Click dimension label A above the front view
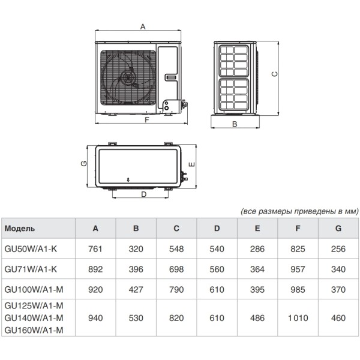[x=142, y=26]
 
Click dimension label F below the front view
[x=146, y=120]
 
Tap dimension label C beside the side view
[x=274, y=74]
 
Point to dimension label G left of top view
[x=84, y=164]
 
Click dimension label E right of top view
[x=191, y=164]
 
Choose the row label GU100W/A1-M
[x=34, y=290]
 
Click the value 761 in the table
[x=95, y=248]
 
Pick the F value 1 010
[x=298, y=319]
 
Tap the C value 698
[x=176, y=269]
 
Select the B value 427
[x=136, y=290]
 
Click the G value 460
[x=338, y=319]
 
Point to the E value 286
[x=257, y=248]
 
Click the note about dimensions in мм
[x=299, y=211]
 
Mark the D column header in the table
[x=217, y=229]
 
